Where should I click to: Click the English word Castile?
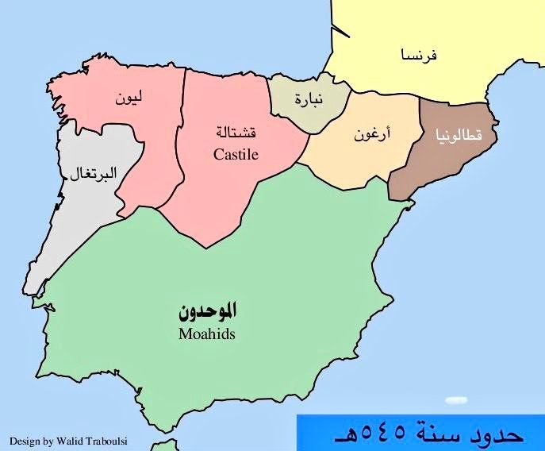tap(236, 155)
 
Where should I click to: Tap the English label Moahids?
tap(207, 334)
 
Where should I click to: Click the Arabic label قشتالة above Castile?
tap(236, 132)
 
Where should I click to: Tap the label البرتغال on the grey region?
tap(89, 173)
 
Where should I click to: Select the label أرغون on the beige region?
tap(372, 134)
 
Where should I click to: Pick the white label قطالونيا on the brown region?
tap(459, 136)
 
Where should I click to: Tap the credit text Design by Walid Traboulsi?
tap(59, 438)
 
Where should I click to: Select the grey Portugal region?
tap(87, 206)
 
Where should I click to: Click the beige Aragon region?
tap(357, 163)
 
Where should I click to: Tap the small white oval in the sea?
tap(455, 400)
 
